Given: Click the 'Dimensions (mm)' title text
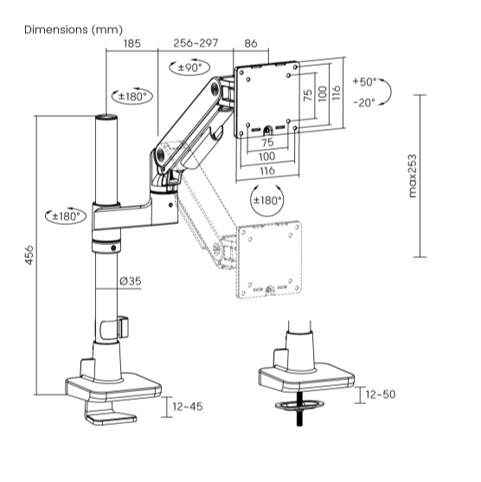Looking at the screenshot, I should (x=74, y=29).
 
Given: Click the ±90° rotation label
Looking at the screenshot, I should (x=189, y=67).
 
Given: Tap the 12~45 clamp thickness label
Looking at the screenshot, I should (x=187, y=406).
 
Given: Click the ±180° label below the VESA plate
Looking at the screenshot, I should (x=266, y=200).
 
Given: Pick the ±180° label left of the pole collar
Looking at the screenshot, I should (x=63, y=215).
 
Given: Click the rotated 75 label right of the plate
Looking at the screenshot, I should (x=309, y=94).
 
